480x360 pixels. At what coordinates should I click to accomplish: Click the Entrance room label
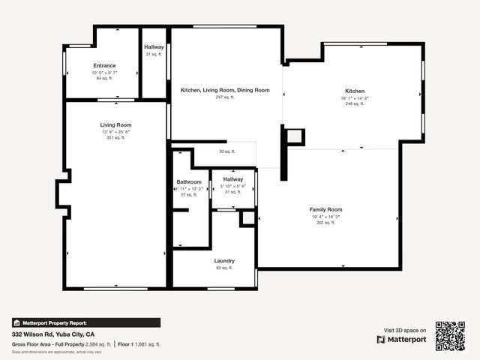coord(104,66)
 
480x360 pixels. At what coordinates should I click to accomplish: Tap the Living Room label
coord(116,124)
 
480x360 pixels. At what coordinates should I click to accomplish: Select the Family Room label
coord(326,209)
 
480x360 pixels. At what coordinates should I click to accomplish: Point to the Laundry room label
coord(224,261)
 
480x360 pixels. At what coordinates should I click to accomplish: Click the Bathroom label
coord(189,182)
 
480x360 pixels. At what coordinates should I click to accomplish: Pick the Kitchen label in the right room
coord(355,91)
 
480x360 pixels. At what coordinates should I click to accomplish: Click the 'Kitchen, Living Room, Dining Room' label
coord(225,90)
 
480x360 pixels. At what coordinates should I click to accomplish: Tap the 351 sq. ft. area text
coord(116,138)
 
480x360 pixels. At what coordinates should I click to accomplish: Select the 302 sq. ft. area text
coord(326,223)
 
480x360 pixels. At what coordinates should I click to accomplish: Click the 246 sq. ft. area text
coord(355,104)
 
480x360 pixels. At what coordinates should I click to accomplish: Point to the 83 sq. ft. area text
coord(224,268)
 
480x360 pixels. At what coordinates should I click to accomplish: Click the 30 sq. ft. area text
coord(226,151)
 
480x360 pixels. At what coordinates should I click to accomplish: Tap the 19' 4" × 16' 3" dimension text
coord(326,216)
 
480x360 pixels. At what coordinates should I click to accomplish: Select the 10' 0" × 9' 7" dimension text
coord(104,72)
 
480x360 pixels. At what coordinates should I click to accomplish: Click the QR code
coord(451,335)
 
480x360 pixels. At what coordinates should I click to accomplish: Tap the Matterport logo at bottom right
coord(401,339)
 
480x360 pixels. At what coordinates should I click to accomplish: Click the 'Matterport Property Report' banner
coord(86,322)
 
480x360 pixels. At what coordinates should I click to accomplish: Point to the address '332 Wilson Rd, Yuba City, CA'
coord(53,334)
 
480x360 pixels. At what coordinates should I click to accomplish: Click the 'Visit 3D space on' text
coord(405,330)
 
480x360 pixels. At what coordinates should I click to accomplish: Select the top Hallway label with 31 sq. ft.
coord(154,47)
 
